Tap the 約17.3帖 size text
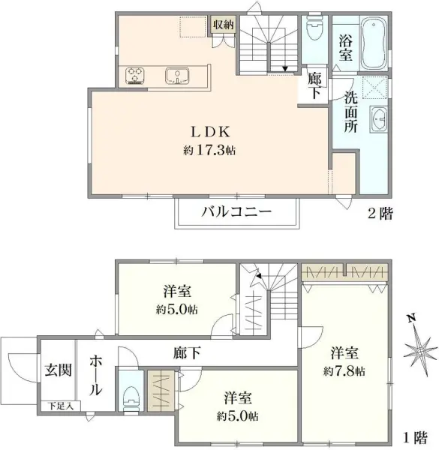pos(209,150)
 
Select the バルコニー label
pos(236,212)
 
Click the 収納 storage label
pos(223,24)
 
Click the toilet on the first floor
pos(131,393)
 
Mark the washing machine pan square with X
pos(374,88)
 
